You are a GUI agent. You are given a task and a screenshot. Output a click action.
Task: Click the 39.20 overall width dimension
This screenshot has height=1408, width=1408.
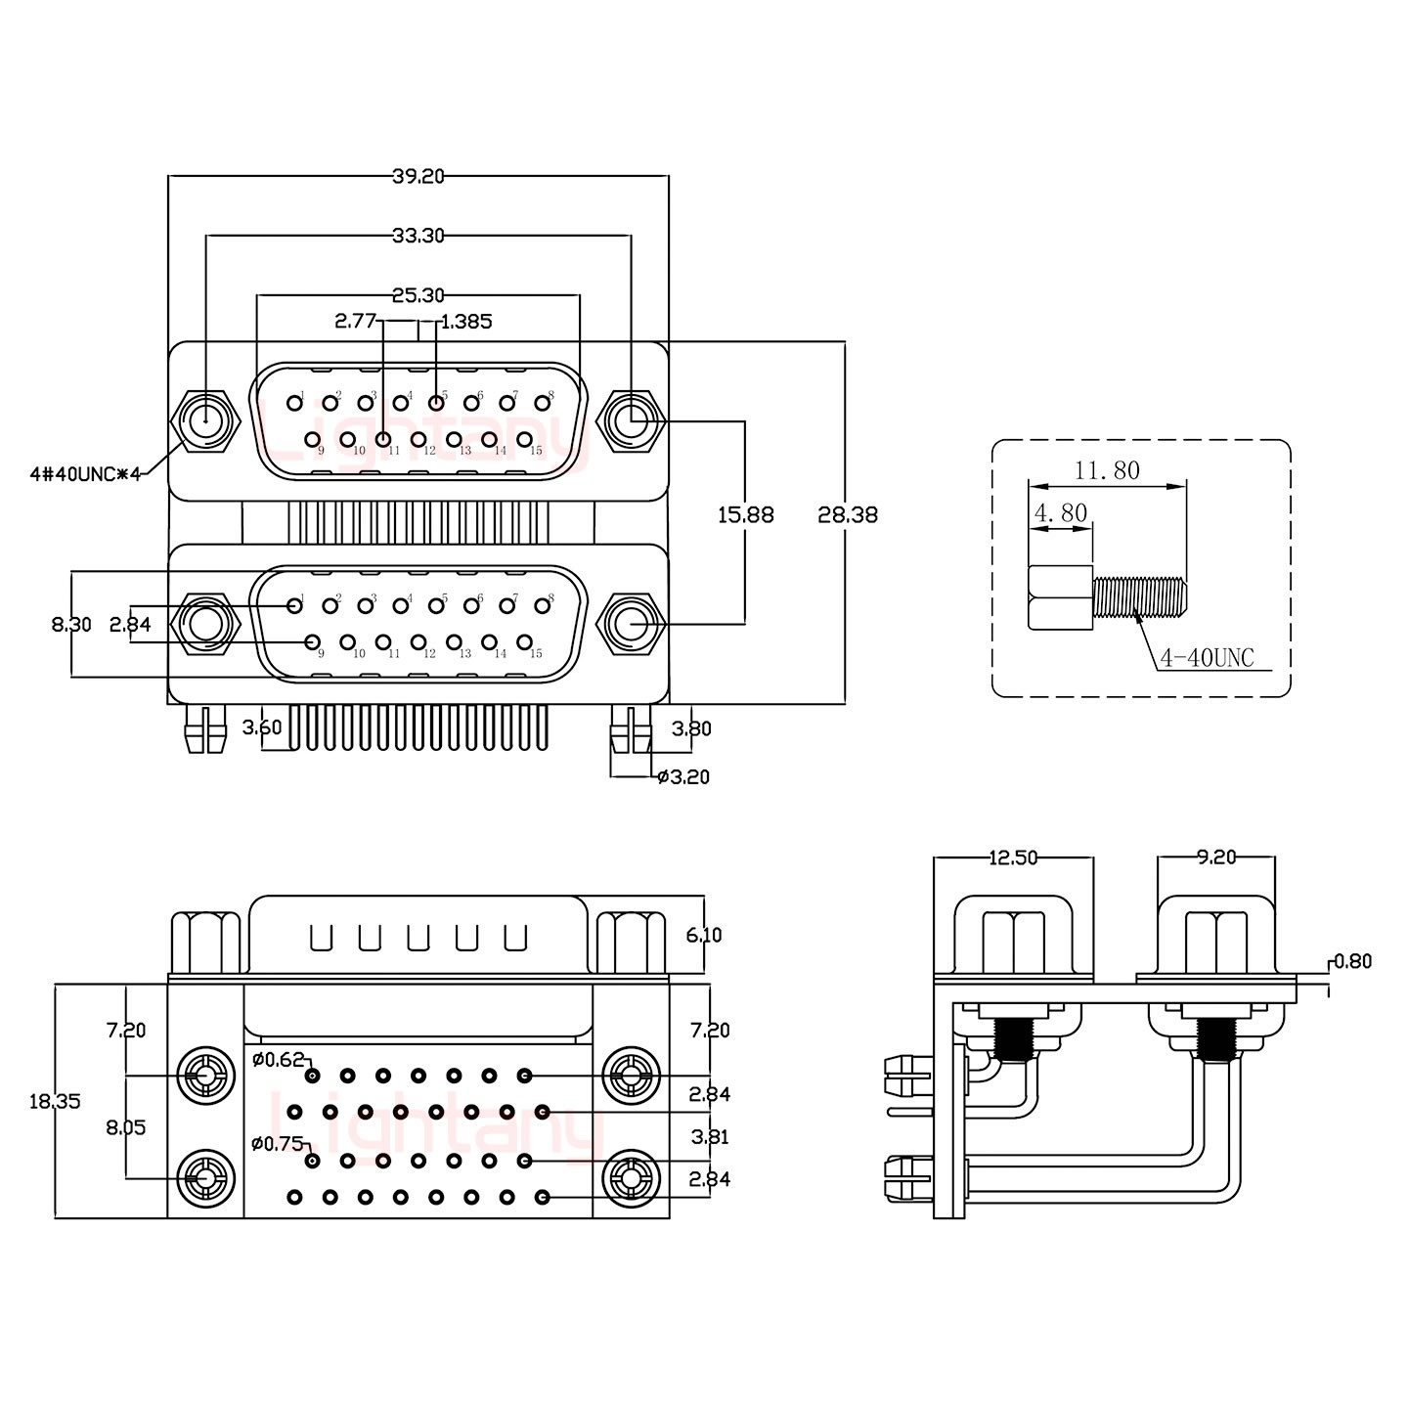pos(418,176)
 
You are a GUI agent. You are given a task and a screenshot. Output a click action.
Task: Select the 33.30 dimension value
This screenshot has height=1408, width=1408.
pos(418,236)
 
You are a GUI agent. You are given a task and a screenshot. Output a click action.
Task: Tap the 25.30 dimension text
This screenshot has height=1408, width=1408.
pos(418,294)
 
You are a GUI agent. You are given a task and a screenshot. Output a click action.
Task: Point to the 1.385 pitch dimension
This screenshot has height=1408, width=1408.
pos(467,321)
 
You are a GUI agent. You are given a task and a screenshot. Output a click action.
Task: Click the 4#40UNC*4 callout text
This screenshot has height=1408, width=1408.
pos(86,474)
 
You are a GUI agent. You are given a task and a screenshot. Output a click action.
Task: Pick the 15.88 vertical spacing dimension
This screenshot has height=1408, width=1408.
pos(745,514)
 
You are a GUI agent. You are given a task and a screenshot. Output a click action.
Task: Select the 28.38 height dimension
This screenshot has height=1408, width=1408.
pos(848,514)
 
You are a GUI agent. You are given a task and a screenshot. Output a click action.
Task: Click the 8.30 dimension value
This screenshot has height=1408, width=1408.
pos(71,624)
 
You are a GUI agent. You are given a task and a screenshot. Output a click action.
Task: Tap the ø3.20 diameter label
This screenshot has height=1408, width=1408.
pos(683,777)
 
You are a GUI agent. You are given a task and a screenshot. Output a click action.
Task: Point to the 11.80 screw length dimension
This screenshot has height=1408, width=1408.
pos(1107,470)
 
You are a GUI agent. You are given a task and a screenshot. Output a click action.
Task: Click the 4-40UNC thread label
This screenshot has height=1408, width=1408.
pos(1207,658)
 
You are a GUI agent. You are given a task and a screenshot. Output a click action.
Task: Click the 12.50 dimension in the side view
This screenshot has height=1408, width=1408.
pos(1013,858)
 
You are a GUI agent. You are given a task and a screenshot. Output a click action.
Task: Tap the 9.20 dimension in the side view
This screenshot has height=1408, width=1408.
pos(1216,858)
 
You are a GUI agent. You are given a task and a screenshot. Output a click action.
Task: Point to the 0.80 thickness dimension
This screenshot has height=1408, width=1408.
pos(1352,961)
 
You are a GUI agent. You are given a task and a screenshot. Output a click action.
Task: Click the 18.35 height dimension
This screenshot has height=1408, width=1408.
pos(55,1101)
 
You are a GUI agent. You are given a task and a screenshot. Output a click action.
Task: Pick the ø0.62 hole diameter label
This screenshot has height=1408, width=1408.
pos(278,1059)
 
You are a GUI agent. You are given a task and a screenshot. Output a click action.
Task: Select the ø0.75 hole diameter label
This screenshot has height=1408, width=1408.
pos(278,1143)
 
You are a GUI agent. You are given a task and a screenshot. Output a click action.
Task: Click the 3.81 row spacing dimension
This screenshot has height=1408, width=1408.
pos(710,1137)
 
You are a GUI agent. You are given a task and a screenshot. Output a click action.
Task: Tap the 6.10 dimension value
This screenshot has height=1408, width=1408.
pos(704,935)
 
